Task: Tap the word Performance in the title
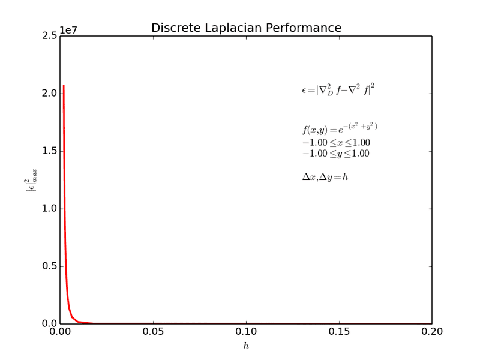(x=308, y=28)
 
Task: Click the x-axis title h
(x=245, y=346)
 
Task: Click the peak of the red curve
(x=64, y=86)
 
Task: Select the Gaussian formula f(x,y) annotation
(x=340, y=128)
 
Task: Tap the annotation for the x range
(x=336, y=143)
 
